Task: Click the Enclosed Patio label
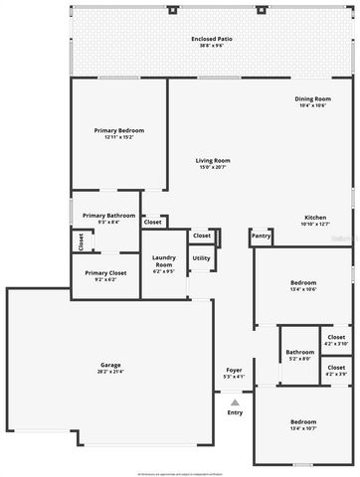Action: (210, 40)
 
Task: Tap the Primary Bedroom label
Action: (119, 131)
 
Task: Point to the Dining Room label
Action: (312, 98)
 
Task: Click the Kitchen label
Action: (314, 217)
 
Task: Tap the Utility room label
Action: (201, 258)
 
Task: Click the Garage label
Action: (110, 365)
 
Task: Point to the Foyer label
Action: (234, 370)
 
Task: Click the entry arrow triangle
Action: (235, 402)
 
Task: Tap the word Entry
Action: (235, 412)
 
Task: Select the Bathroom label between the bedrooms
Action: (299, 352)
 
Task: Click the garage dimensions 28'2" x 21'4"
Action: (110, 372)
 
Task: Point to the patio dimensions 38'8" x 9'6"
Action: (210, 47)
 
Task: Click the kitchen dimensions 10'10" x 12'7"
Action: (314, 224)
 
